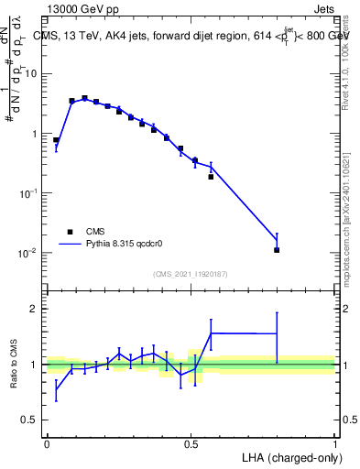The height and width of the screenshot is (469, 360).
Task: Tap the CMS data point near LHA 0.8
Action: point(277,249)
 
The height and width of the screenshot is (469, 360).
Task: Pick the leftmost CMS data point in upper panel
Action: point(56,140)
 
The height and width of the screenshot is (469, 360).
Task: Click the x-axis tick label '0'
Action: point(47,443)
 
